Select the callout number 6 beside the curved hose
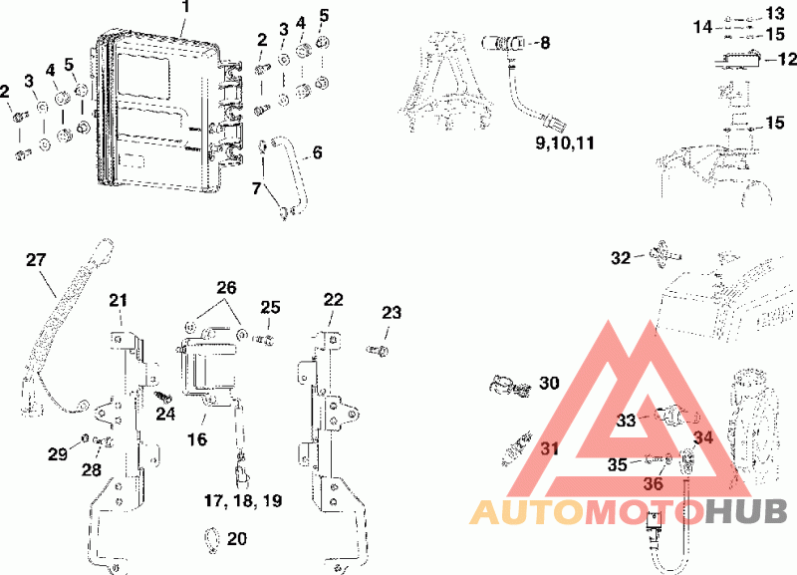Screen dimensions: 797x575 point(317,153)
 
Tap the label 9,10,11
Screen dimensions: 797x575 point(564,143)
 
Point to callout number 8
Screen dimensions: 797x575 point(544,43)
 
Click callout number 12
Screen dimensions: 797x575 point(786,59)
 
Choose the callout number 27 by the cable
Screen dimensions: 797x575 point(36,260)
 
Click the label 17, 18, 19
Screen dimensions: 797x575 point(243,500)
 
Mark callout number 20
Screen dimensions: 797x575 point(236,539)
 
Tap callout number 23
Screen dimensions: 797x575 point(392,313)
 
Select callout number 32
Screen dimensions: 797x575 point(621,258)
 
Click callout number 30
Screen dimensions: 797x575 point(549,383)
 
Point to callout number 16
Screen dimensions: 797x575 point(197,437)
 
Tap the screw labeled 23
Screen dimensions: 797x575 point(377,350)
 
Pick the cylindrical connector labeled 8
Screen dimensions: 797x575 point(499,42)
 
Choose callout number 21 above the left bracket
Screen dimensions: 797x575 point(120,300)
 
